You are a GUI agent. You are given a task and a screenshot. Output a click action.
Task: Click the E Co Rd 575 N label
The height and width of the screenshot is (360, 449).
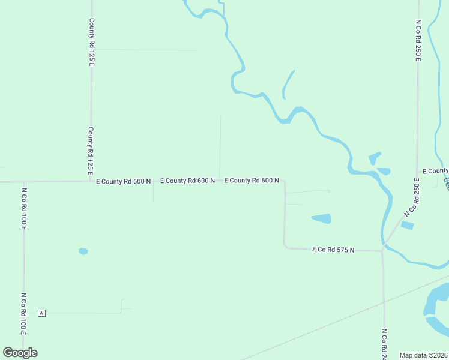(333, 249)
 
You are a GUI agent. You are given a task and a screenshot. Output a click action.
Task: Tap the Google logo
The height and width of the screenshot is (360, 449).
(20, 353)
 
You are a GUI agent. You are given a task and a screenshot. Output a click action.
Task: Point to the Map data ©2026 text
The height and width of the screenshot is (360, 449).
(424, 355)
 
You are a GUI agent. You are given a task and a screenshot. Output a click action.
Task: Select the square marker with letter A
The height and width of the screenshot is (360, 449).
(41, 313)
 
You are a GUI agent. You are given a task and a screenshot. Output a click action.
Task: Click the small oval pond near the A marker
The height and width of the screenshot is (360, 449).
(83, 251)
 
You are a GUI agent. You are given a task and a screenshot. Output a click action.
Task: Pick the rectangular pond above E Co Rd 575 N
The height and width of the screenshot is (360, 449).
(322, 218)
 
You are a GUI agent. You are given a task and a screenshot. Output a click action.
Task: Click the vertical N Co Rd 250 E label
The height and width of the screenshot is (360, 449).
(418, 40)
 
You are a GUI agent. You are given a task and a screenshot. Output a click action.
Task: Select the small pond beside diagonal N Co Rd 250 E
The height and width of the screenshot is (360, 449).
(407, 226)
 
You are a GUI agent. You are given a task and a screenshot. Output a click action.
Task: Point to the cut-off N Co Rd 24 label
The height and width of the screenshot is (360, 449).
(384, 343)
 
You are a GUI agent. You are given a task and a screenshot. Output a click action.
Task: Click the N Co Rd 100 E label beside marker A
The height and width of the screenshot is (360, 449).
(24, 313)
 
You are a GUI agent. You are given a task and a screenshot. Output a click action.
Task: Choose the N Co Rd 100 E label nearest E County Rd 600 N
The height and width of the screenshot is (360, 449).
(25, 209)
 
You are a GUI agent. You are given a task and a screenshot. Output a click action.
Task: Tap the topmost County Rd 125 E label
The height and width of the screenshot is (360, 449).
(92, 41)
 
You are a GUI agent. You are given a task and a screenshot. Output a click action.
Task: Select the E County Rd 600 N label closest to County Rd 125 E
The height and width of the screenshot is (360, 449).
(123, 181)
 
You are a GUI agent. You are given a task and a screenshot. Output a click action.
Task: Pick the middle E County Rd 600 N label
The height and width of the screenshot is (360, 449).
(187, 181)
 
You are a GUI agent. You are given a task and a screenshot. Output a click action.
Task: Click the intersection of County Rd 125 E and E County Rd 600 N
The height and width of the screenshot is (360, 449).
(91, 181)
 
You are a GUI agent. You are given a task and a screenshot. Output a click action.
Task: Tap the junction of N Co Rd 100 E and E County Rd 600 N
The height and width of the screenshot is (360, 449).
(24, 181)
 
